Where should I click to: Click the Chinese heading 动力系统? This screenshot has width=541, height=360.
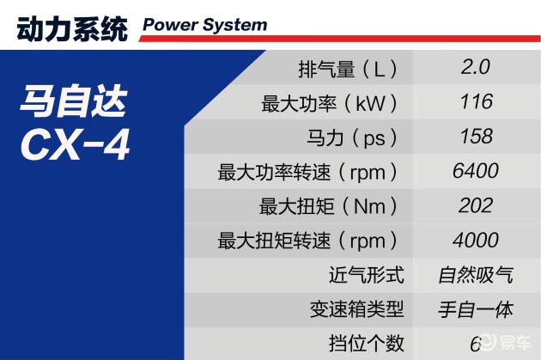(x=72, y=29)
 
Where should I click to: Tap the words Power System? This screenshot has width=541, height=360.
(x=205, y=25)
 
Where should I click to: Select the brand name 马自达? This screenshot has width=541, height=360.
(x=74, y=101)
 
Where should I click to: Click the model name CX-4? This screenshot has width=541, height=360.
(x=76, y=144)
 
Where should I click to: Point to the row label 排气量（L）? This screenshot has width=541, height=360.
(x=348, y=69)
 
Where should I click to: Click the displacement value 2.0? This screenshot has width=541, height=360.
(x=476, y=67)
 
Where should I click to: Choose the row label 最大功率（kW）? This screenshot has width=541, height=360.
(x=329, y=103)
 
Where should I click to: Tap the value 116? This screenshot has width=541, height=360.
(x=476, y=101)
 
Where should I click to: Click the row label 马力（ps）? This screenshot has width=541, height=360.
(x=351, y=137)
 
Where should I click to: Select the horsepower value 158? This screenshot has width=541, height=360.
(x=476, y=136)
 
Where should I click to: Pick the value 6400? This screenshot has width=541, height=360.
(x=476, y=170)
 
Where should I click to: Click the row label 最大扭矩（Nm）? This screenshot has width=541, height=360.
(x=328, y=206)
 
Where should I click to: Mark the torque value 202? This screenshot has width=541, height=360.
(x=476, y=205)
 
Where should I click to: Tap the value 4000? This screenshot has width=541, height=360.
(x=476, y=240)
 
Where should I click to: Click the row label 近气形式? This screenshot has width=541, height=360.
(x=366, y=275)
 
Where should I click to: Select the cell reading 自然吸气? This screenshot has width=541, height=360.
(x=476, y=275)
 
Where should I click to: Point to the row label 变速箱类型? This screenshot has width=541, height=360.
(x=356, y=309)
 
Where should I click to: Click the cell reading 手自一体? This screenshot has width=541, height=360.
(x=476, y=309)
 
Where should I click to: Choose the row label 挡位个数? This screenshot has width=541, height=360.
(x=366, y=344)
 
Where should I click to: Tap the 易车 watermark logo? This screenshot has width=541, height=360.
(x=506, y=342)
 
